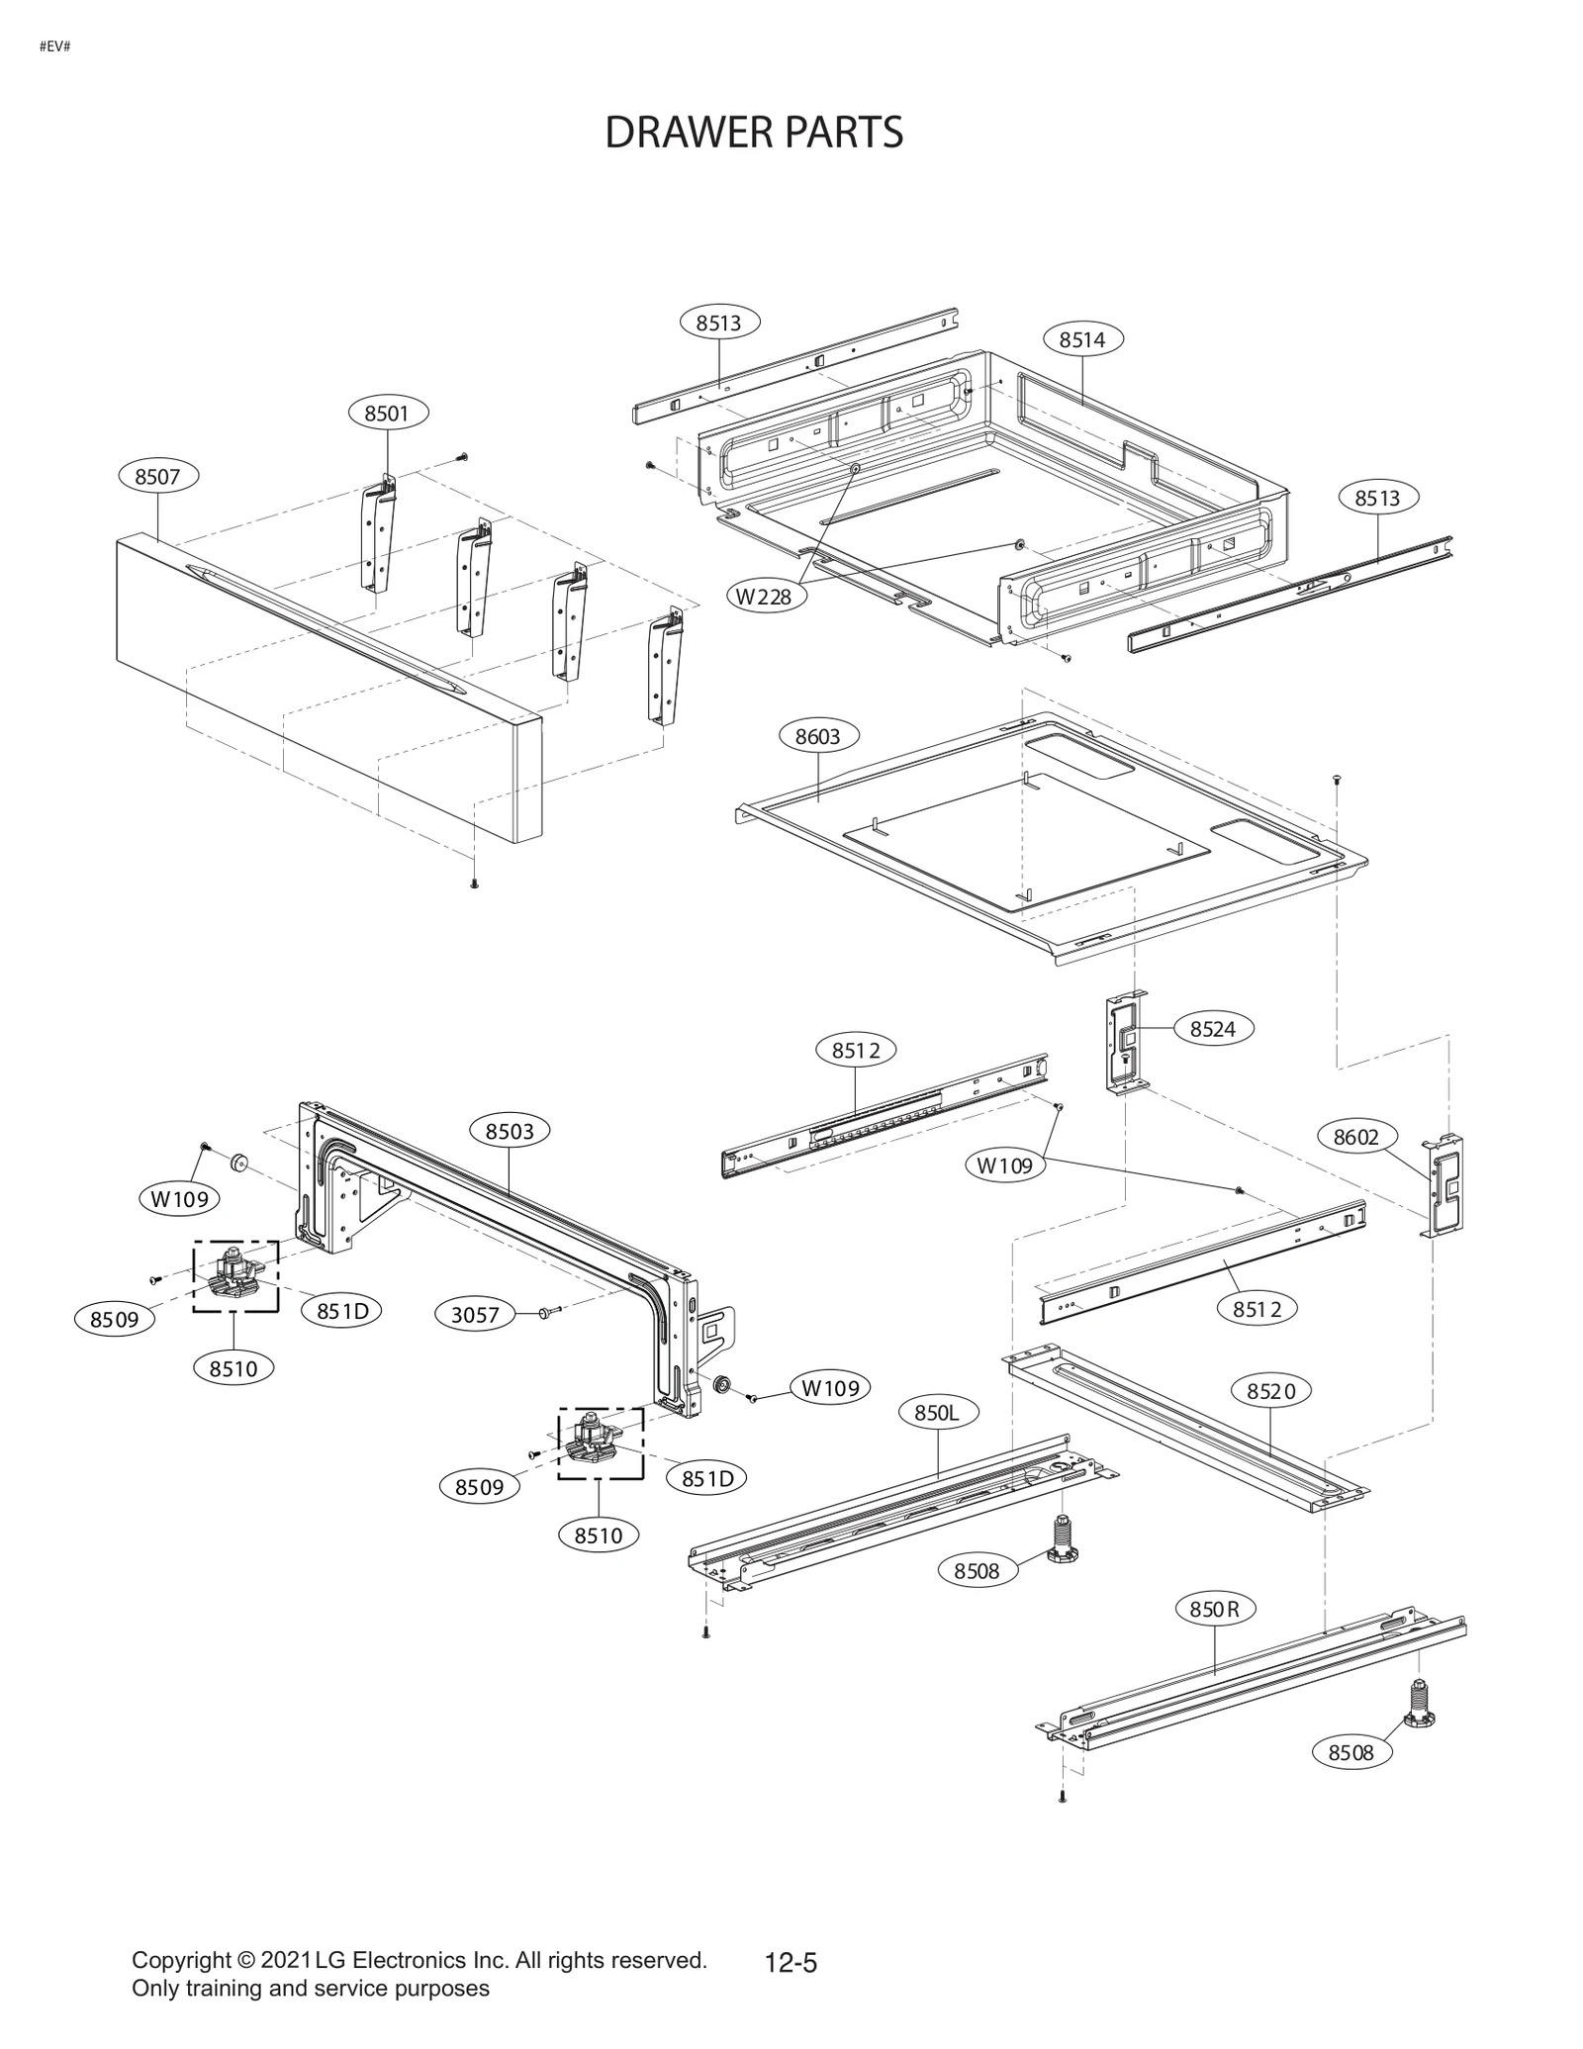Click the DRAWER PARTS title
[x=753, y=133]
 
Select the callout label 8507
[x=158, y=477]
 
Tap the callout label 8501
[x=387, y=413]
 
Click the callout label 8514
[x=1081, y=339]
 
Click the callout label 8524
[x=1212, y=1028]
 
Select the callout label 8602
[x=1355, y=1137]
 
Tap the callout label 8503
[x=510, y=1131]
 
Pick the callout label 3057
[x=475, y=1315]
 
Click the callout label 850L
[x=937, y=1412]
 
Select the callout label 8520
[x=1270, y=1391]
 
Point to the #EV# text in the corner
[x=54, y=47]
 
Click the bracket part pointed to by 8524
[x=1126, y=1045]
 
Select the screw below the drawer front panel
[x=474, y=883]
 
